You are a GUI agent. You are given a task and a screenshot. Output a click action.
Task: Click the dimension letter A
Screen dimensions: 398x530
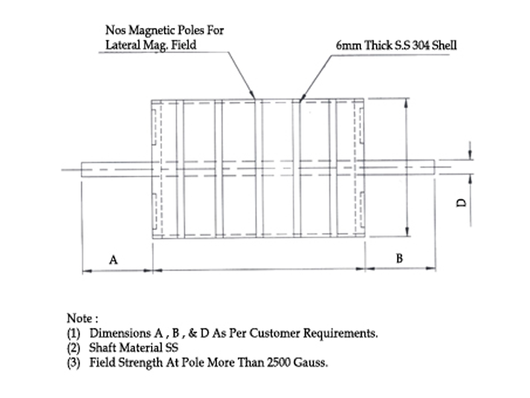coord(113,261)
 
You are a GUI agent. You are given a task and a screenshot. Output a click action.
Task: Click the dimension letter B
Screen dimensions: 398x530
coord(399,259)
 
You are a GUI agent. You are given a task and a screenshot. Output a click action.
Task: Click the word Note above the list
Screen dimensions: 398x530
coord(79,318)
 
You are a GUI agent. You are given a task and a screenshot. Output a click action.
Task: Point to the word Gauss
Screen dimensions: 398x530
coord(307,363)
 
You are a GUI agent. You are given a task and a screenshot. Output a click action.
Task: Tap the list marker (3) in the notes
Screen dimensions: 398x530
coord(74,363)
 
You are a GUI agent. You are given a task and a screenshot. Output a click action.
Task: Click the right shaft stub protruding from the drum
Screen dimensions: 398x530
coord(401,168)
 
